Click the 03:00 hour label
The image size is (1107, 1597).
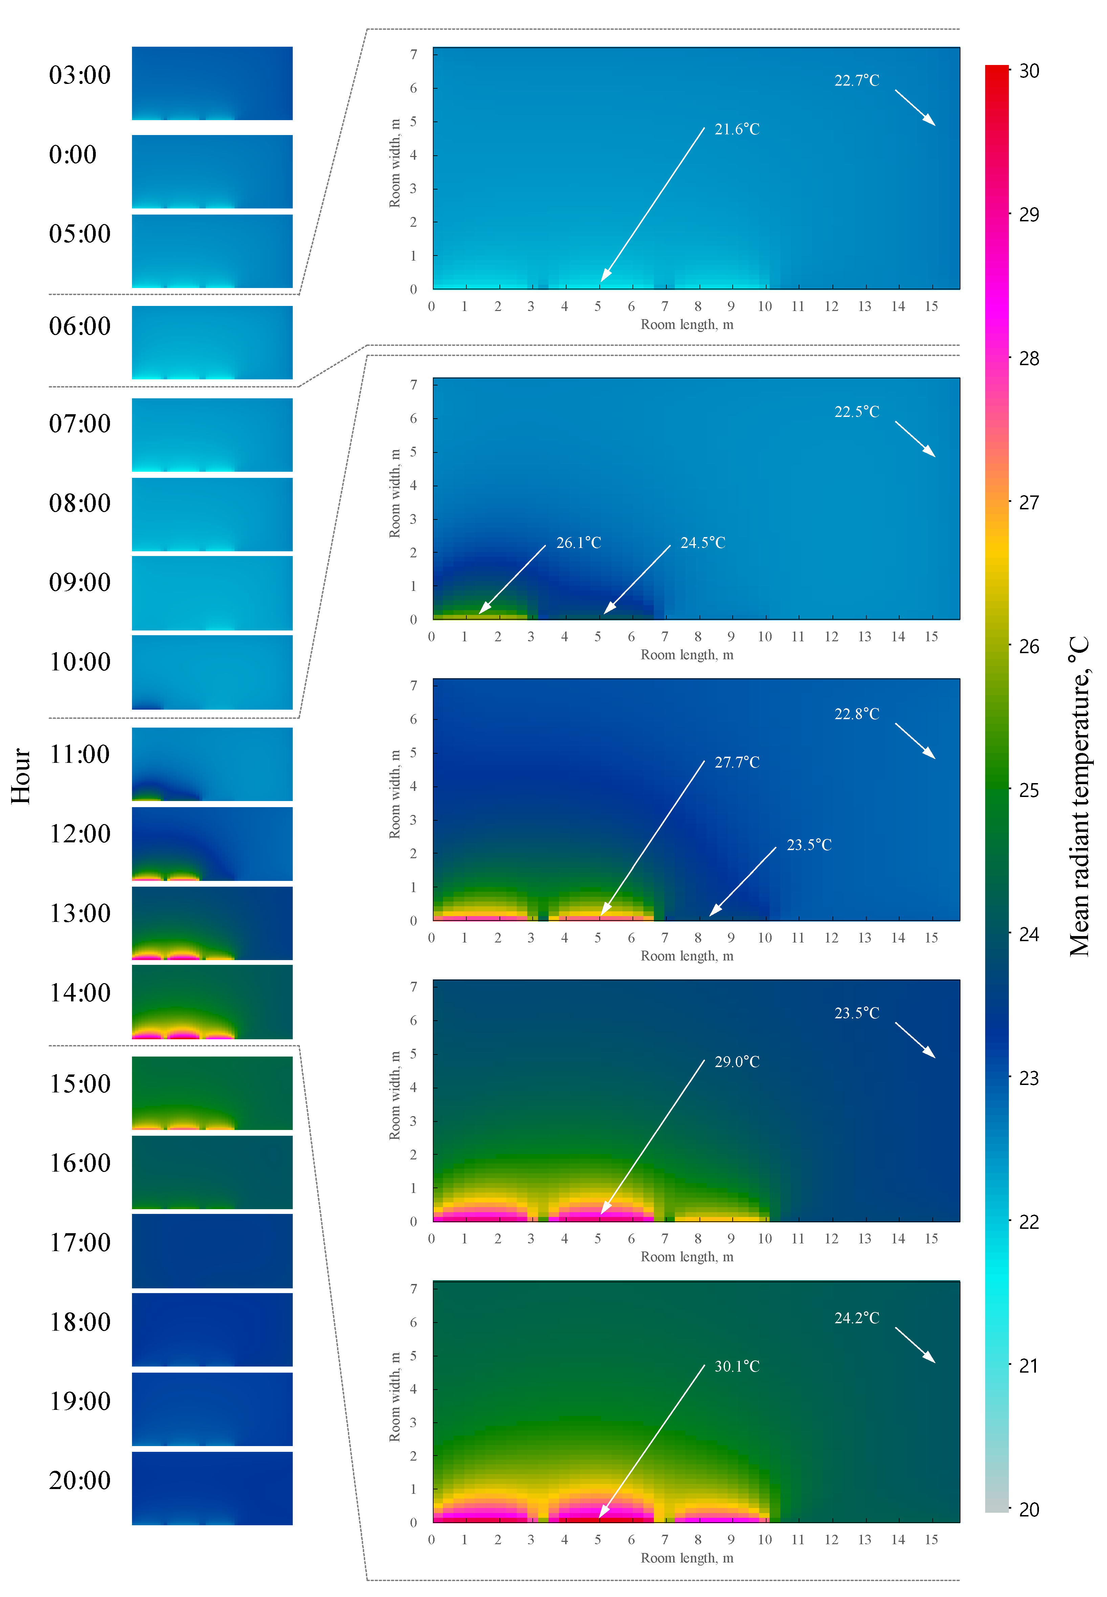pyautogui.click(x=80, y=75)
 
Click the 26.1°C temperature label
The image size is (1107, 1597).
pyautogui.click(x=578, y=542)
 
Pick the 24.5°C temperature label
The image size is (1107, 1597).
pyautogui.click(x=703, y=542)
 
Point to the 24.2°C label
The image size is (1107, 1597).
pyautogui.click(x=857, y=1317)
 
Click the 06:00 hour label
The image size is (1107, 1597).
pyautogui.click(x=80, y=326)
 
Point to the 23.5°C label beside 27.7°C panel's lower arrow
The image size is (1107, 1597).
pyautogui.click(x=809, y=845)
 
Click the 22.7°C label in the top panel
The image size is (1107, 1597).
pyautogui.click(x=857, y=81)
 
